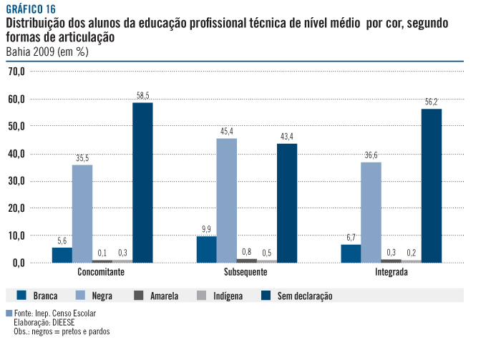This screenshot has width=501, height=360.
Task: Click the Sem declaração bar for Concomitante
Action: click(142, 183)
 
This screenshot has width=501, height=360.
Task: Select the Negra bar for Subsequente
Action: click(226, 200)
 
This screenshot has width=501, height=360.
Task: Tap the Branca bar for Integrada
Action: click(351, 253)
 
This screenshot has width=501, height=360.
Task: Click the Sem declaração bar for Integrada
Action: click(431, 185)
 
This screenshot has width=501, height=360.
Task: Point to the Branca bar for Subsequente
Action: click(206, 249)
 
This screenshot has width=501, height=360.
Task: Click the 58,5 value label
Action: click(142, 95)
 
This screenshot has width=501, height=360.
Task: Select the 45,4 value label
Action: click(226, 131)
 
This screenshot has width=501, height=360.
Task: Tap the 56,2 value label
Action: click(431, 102)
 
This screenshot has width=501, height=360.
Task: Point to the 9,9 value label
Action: click(206, 229)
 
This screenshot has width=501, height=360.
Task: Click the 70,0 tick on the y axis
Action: click(17, 72)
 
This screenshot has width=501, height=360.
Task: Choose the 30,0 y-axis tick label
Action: click(17, 181)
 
